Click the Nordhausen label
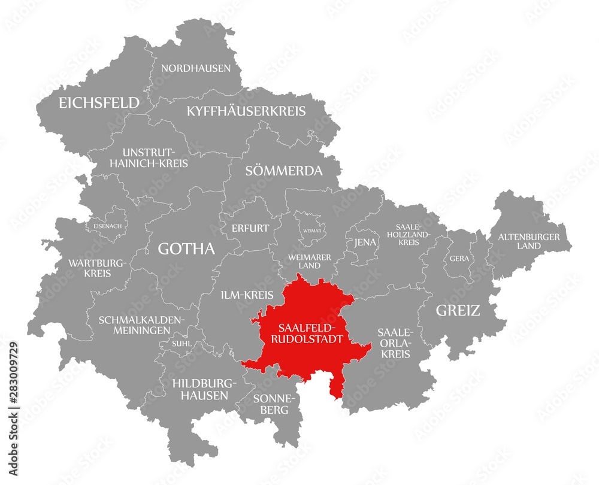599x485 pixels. coord(195,68)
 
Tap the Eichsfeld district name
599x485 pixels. coord(99,103)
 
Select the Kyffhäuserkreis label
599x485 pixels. coord(246,111)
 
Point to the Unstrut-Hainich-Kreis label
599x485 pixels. coord(155,157)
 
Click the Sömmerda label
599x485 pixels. coord(284,171)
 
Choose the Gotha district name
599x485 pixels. coord(186,249)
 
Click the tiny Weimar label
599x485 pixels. coord(311,230)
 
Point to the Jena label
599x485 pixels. coord(361,242)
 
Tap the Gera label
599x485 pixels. coord(460,259)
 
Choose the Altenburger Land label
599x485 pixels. coord(529,241)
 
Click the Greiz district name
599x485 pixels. coord(458,310)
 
